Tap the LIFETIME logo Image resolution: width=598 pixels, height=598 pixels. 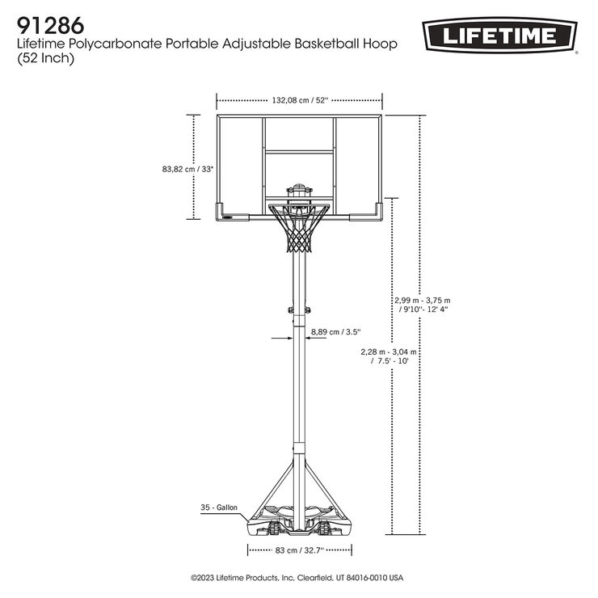[499, 35]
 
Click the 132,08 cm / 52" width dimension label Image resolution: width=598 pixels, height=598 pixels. [299, 100]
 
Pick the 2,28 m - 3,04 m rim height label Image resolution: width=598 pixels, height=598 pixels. [390, 356]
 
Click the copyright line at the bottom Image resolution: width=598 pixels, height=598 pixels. [297, 579]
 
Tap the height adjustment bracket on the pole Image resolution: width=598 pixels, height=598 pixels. [300, 308]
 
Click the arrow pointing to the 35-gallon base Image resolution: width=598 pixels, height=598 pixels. [251, 508]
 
